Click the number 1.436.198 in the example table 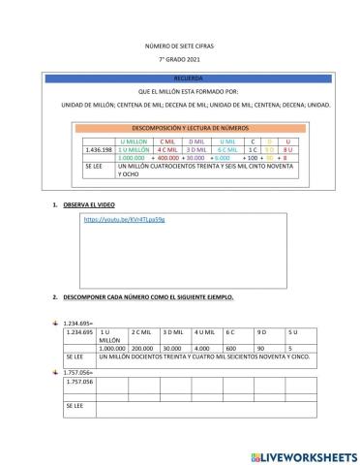100,150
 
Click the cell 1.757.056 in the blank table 79,381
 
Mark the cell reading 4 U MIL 205,332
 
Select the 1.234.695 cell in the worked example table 78,332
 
